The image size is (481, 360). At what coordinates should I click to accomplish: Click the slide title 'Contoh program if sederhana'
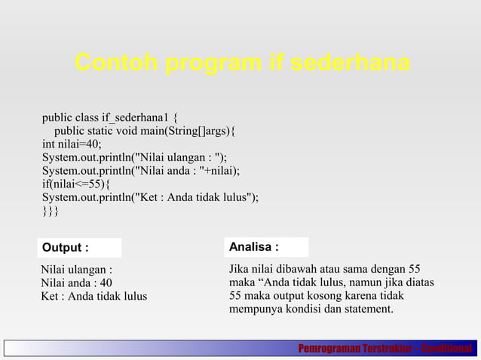[241, 64]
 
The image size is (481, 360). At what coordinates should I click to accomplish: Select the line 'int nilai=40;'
[72, 145]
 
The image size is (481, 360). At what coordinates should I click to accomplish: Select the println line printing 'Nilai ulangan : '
[134, 157]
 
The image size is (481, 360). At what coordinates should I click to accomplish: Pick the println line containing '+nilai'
[141, 171]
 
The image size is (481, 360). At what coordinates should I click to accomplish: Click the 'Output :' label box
[79, 248]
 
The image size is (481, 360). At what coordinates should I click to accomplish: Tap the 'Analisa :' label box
[268, 247]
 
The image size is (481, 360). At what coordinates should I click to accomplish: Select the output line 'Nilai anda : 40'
[77, 282]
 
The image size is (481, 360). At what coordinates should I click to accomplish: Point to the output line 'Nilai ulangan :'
[77, 269]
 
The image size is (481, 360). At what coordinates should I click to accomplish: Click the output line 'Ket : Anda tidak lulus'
[94, 296]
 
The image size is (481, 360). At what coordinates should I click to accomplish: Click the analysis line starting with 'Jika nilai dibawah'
[324, 269]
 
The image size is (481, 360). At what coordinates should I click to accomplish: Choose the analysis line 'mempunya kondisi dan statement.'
[311, 309]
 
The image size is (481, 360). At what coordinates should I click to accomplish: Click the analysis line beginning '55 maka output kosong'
[317, 295]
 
